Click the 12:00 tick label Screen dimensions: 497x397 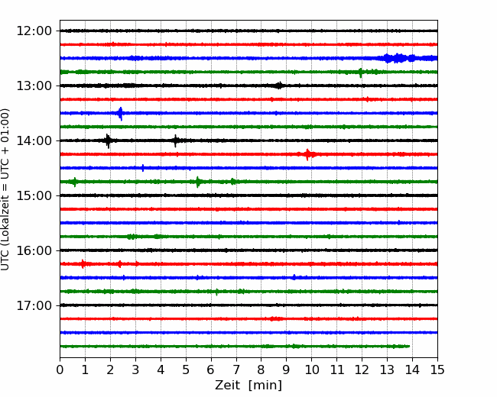pos(34,31)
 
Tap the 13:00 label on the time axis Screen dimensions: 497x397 pos(34,86)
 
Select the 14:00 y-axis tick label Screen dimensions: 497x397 pos(34,140)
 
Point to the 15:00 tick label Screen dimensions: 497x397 pos(34,195)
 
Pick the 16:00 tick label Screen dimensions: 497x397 pos(34,250)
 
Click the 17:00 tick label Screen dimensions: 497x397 pos(34,305)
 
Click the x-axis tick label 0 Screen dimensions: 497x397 pos(60,370)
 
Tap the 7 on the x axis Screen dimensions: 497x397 pos(236,370)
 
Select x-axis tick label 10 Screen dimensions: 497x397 pos(311,370)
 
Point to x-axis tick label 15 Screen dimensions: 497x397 pos(437,370)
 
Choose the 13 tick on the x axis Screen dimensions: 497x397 pos(387,370)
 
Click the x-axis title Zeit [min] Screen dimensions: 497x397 pos(248,386)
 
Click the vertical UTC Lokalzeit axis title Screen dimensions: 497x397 pos(5,189)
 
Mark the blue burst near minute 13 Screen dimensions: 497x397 pos(398,58)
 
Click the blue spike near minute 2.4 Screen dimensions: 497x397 pos(120,114)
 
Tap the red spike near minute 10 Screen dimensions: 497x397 pos(307,154)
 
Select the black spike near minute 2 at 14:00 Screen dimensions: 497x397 pos(108,141)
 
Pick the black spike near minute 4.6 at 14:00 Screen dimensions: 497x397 pos(176,141)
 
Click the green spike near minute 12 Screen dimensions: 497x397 pos(360,73)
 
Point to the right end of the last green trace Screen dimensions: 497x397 pos(410,347)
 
